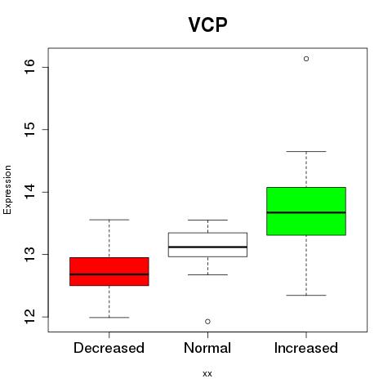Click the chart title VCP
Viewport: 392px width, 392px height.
tap(207, 24)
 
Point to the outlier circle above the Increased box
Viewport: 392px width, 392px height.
tap(306, 59)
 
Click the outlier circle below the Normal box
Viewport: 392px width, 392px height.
tap(207, 322)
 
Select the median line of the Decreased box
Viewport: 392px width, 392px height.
tap(109, 274)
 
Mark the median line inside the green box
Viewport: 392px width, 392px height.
tap(306, 212)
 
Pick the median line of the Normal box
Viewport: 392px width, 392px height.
tap(207, 247)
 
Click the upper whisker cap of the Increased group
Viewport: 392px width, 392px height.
tap(306, 151)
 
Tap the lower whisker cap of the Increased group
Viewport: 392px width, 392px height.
tap(306, 295)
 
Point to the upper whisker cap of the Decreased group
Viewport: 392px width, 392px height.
tap(109, 220)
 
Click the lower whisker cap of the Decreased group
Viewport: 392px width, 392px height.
tap(109, 318)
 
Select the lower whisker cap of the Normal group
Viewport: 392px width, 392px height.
tap(207, 274)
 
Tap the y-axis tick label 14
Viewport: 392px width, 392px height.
tap(29, 192)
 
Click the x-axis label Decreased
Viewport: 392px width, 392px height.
tap(109, 348)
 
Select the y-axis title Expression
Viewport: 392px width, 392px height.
tap(7, 189)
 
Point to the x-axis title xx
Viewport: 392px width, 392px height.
tap(207, 374)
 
